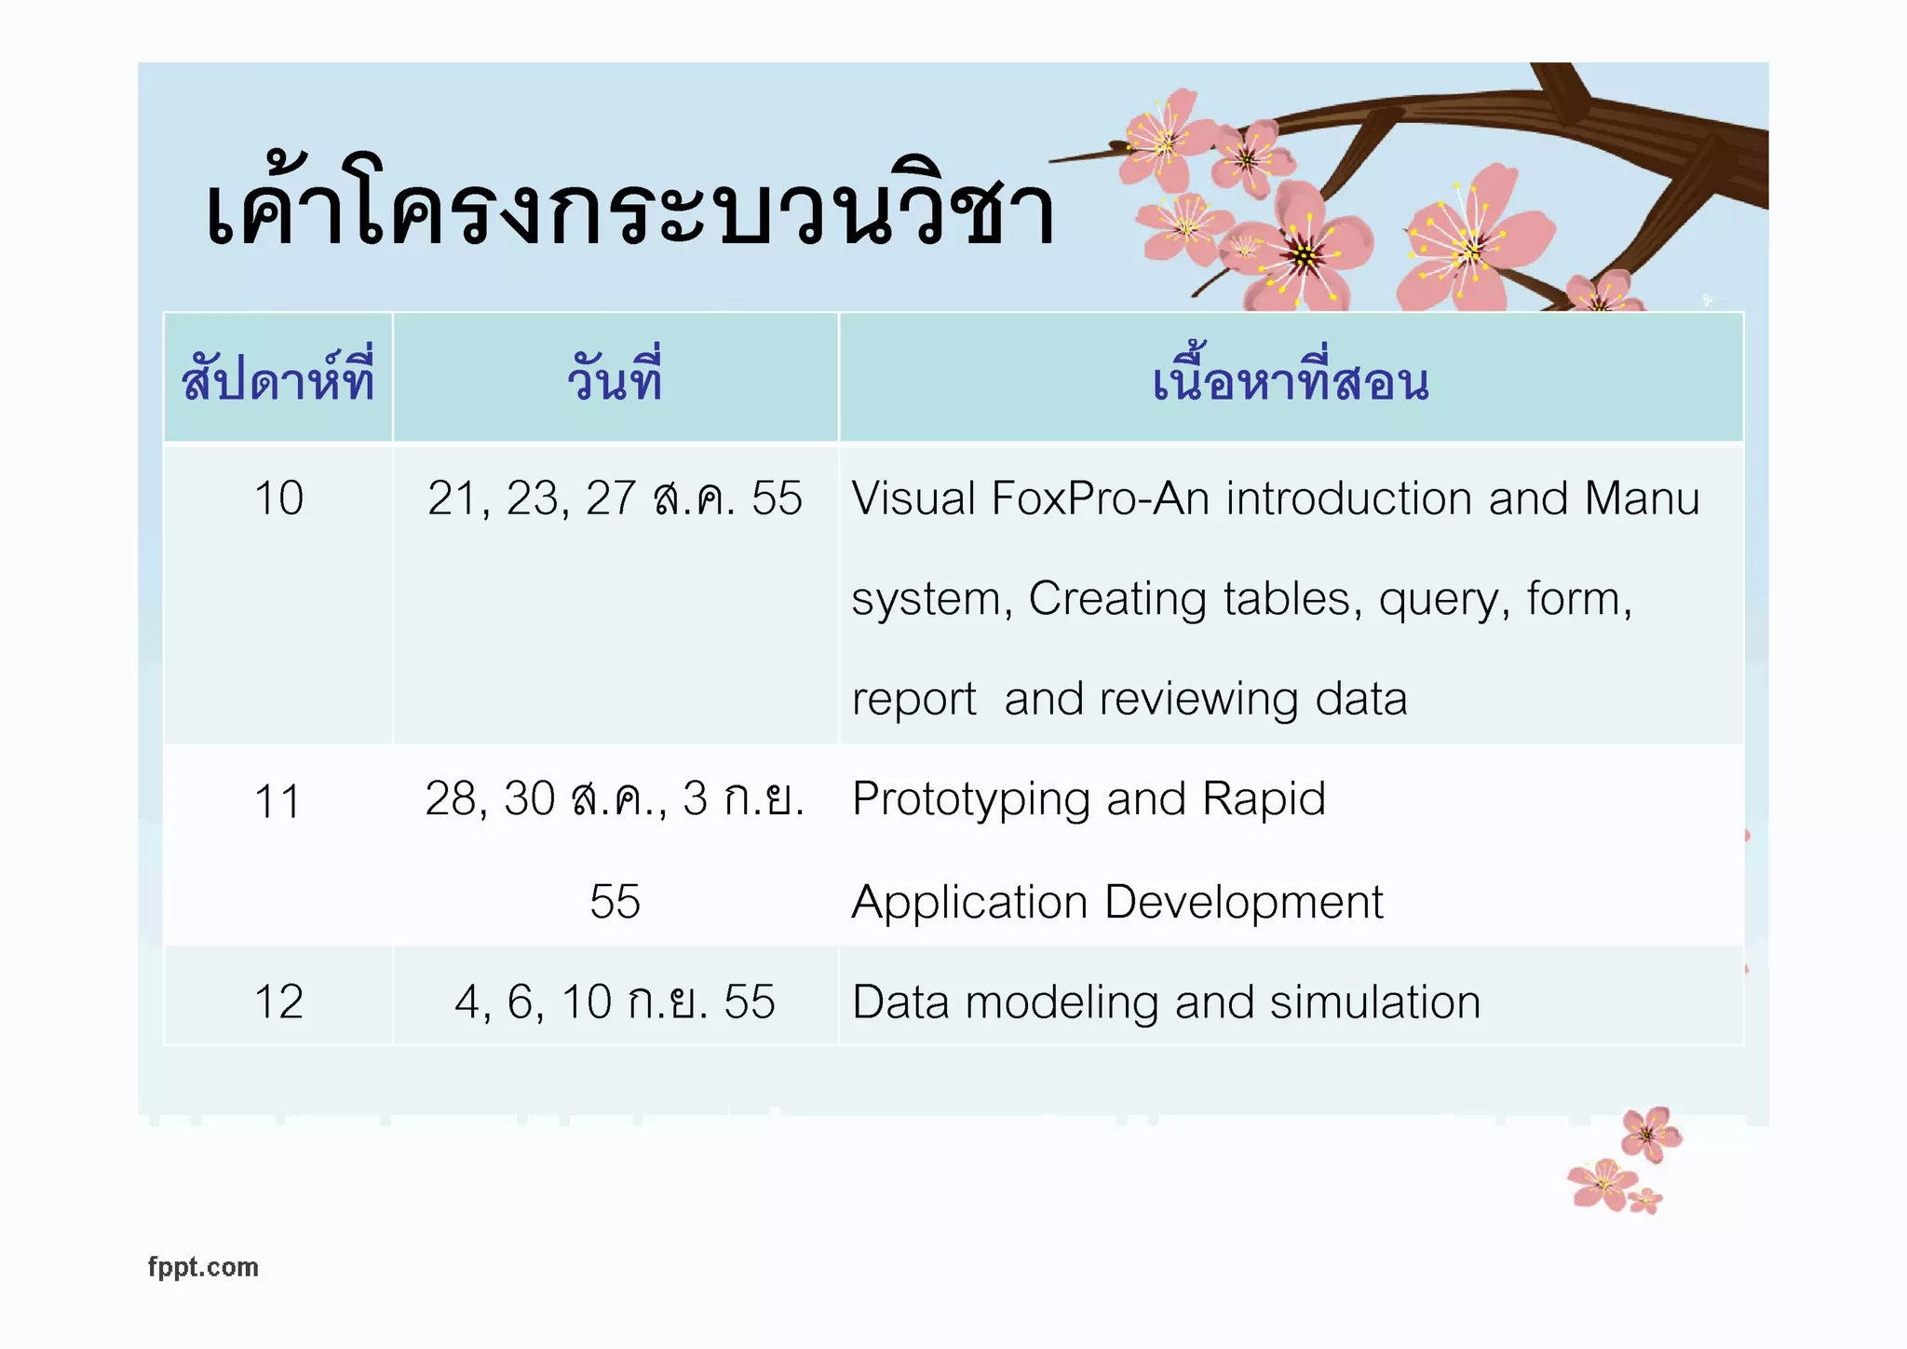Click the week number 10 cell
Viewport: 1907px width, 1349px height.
coord(278,498)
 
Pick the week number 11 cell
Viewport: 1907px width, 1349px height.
coord(277,801)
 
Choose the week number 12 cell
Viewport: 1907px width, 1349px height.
coord(278,1002)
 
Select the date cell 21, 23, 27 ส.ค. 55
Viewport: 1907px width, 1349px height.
coord(615,498)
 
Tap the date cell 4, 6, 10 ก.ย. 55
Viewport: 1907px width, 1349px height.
coord(615,1002)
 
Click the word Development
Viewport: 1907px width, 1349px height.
coord(1244,902)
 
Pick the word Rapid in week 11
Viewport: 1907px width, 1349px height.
coord(1264,799)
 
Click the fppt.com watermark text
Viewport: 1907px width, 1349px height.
coord(203,1267)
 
